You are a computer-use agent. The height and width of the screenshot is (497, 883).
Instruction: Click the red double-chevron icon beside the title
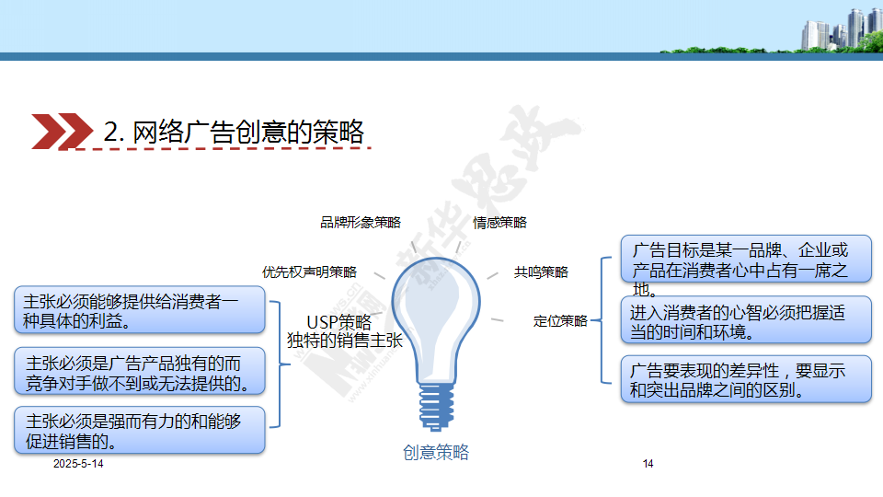[x=62, y=132]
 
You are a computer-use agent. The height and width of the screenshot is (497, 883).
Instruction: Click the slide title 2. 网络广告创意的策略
[x=234, y=132]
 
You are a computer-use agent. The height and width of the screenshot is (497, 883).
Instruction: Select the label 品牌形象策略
[x=361, y=223]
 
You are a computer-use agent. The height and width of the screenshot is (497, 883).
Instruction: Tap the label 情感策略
[x=499, y=223]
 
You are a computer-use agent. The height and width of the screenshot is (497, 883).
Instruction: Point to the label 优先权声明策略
[x=309, y=272]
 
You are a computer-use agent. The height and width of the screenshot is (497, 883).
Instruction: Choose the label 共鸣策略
[x=541, y=272]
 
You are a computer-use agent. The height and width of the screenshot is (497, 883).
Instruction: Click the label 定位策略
[x=560, y=321]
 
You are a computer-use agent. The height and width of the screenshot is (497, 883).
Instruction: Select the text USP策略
[x=339, y=322]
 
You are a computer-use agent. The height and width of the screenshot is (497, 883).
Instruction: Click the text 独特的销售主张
[x=345, y=341]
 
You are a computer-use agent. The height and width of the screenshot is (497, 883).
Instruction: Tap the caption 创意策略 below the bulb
[x=436, y=452]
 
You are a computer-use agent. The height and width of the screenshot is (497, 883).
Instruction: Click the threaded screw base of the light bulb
[x=436, y=406]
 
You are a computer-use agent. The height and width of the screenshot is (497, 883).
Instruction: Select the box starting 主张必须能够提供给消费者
[x=140, y=310]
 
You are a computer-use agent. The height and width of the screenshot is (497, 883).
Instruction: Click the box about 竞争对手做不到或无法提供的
[x=140, y=371]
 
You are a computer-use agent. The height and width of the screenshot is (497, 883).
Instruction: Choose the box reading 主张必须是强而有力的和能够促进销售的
[x=140, y=430]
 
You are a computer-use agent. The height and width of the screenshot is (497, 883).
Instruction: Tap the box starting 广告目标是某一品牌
[x=746, y=260]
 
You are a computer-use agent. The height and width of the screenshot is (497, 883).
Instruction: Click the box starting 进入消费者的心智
[x=746, y=319]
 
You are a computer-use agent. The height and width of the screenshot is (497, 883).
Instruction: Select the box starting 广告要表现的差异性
[x=746, y=379]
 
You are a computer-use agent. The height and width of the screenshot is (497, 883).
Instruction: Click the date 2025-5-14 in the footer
[x=78, y=464]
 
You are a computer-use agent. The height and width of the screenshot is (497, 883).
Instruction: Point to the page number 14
[x=648, y=464]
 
